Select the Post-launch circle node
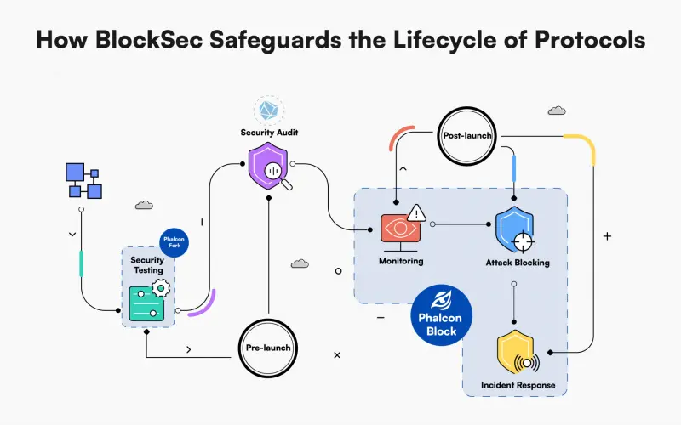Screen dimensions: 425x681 point(464,136)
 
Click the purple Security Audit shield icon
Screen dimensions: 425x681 point(268,167)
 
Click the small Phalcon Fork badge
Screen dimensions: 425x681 point(174,242)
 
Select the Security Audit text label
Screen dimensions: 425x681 point(268,133)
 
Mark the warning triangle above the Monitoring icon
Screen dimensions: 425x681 point(416,212)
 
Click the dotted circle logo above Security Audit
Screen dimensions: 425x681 point(268,110)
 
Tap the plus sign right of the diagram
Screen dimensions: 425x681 point(607,236)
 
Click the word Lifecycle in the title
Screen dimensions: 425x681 point(427,41)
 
